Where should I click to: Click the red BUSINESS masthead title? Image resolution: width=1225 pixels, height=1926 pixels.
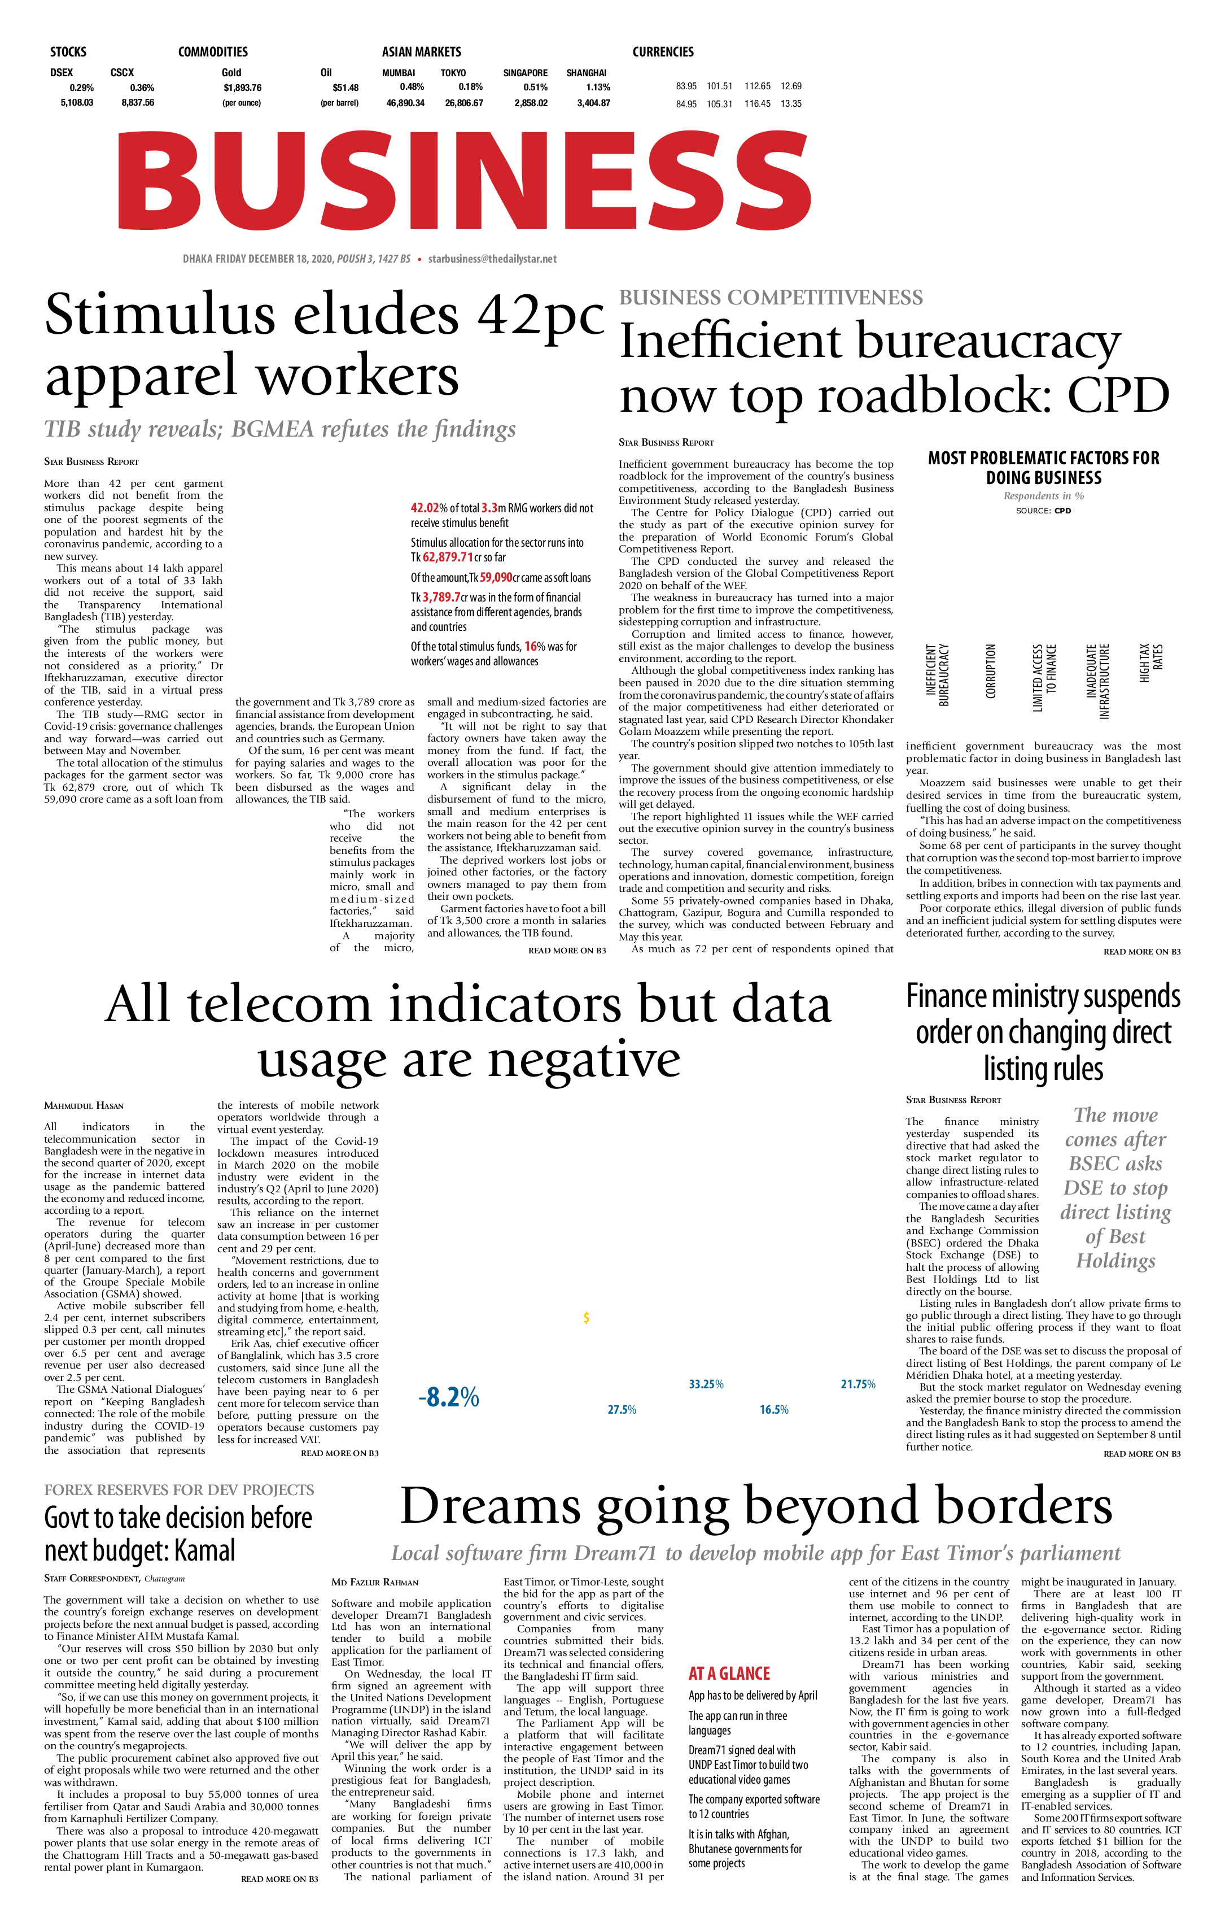464,181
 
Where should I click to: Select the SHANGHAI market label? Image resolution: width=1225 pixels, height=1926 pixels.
586,73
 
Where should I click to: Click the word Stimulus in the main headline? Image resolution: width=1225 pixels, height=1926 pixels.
159,316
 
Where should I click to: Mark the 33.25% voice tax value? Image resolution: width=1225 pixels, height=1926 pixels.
706,1384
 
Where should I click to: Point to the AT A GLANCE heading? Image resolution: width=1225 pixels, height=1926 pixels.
729,1672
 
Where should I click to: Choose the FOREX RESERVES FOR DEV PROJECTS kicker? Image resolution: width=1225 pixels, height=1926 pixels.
179,1489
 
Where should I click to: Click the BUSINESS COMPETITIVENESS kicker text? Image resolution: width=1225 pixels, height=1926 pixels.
771,298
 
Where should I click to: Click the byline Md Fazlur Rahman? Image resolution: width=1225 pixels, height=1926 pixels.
374,1582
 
